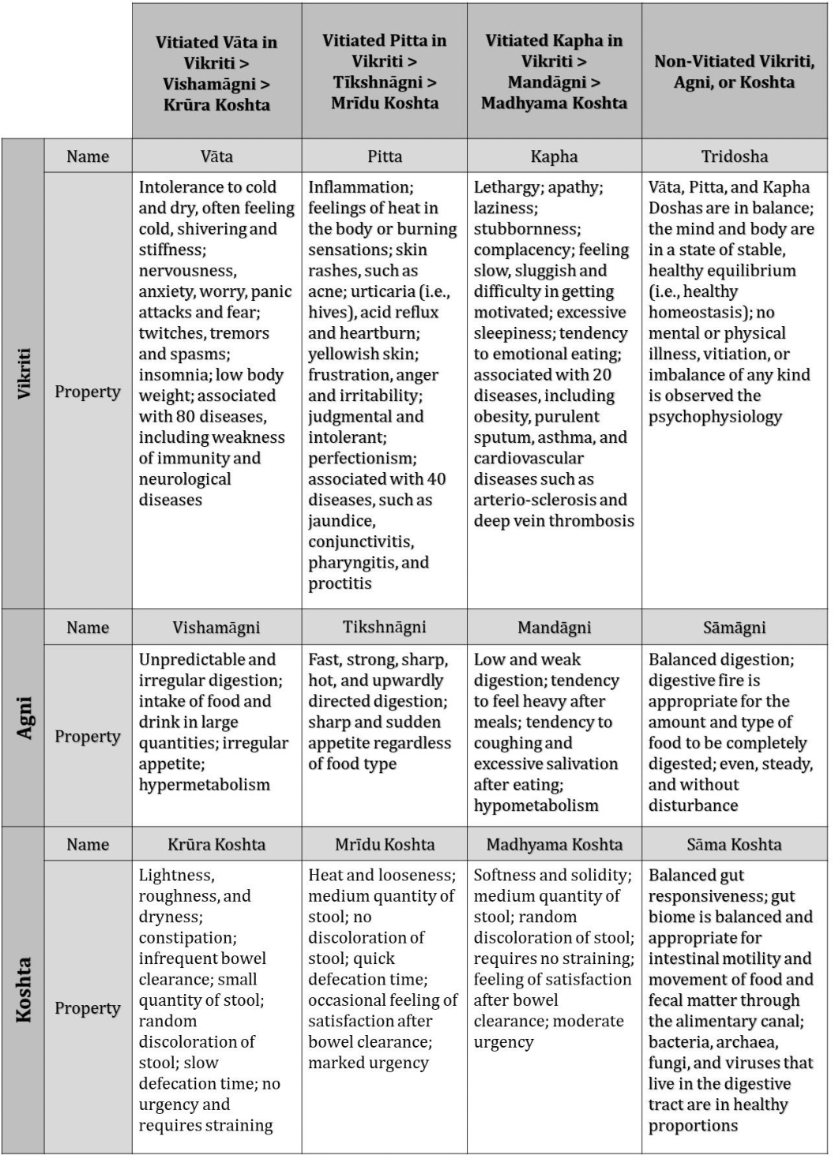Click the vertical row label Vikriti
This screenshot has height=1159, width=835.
coord(24,373)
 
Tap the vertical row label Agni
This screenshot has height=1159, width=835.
coord(24,718)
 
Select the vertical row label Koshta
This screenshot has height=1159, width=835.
coord(24,990)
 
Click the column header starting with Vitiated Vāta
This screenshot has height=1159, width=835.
coord(216,73)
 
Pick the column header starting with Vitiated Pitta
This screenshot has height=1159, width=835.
coord(385,71)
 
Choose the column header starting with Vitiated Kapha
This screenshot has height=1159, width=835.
coord(554,71)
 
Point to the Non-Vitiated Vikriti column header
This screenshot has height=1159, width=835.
coord(734,71)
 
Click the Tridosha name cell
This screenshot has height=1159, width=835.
coord(734,156)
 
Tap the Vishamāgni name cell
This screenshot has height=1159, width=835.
coord(216,628)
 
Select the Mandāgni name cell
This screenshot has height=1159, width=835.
coord(554,628)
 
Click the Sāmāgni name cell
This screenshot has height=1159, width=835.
coord(734,628)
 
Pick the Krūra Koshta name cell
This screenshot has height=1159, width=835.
coord(216,844)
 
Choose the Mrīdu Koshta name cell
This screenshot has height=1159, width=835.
coord(385,844)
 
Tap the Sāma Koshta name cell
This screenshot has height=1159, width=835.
coord(734,844)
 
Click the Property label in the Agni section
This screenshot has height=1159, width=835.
coord(88,736)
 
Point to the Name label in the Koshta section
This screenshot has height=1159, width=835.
coord(88,844)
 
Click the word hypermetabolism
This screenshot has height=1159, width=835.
coord(205,785)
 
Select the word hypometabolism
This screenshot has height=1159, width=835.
coord(536,805)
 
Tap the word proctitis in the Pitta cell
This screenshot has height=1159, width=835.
coord(340,583)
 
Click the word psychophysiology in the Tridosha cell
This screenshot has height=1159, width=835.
coord(715,417)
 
